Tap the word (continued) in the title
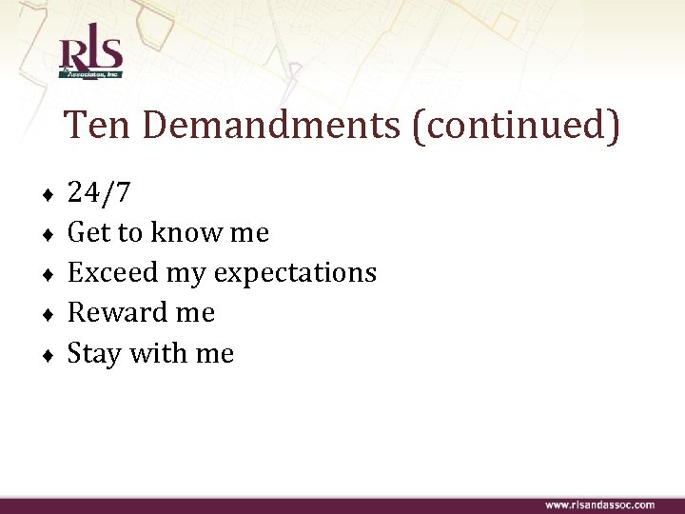click(x=516, y=127)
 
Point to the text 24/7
click(x=99, y=193)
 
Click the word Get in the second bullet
click(x=88, y=233)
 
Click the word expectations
click(x=295, y=274)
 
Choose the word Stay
click(x=95, y=354)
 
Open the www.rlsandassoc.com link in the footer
click(x=599, y=504)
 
